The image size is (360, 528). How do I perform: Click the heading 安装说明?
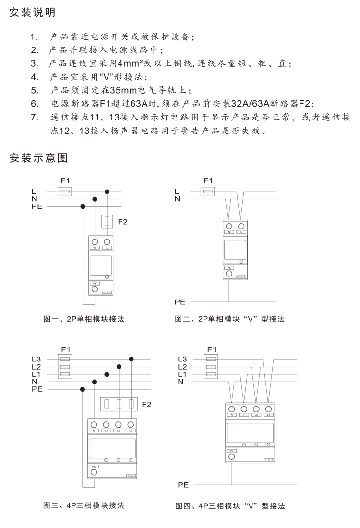(x=33, y=12)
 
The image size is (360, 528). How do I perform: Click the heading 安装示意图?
(x=38, y=158)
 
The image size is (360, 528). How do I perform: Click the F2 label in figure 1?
(x=122, y=222)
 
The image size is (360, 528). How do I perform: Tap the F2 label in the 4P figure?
(x=146, y=404)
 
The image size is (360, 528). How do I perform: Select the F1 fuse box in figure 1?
(x=65, y=192)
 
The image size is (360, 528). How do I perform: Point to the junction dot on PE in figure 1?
(x=83, y=206)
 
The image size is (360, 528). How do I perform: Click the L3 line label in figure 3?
(x=36, y=359)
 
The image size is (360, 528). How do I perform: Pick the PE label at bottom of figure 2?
(x=180, y=302)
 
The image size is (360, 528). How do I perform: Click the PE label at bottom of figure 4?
(x=183, y=485)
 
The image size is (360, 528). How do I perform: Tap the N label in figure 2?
(x=178, y=198)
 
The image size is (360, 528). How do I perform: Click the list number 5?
(x=34, y=90)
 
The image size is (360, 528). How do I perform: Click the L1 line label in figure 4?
(x=182, y=374)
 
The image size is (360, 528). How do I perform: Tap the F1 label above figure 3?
(x=66, y=349)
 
